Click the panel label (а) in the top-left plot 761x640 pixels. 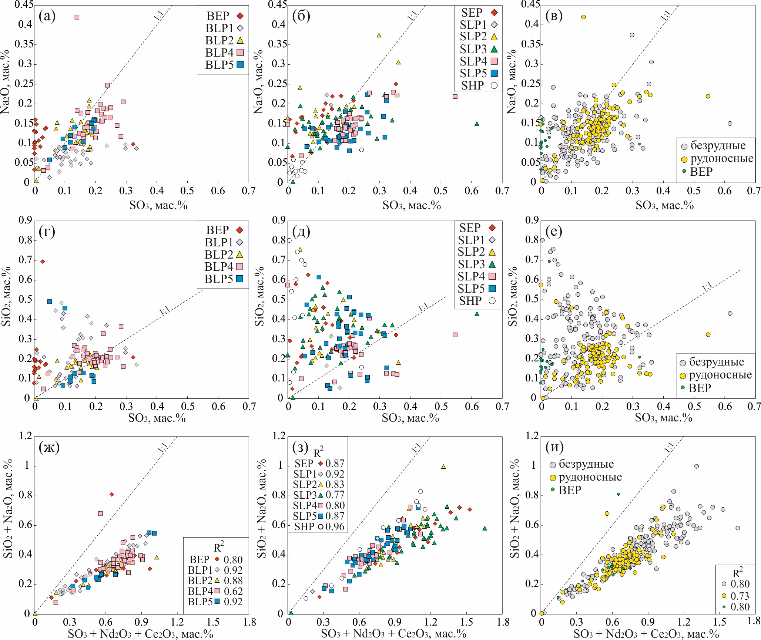[x=47, y=16]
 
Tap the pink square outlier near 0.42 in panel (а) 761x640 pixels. [x=77, y=17]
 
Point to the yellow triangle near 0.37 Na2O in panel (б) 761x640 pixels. [x=379, y=35]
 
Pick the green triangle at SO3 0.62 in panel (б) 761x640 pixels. [x=477, y=124]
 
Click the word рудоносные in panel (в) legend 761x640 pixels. [x=722, y=158]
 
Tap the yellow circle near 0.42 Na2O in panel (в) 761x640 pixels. [x=583, y=17]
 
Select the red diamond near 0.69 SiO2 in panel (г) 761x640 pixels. [x=43, y=262]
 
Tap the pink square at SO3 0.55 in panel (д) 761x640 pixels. [x=455, y=335]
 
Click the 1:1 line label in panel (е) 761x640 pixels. [x=707, y=287]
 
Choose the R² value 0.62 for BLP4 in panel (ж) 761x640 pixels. [x=233, y=591]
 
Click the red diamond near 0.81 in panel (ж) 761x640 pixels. [x=112, y=494]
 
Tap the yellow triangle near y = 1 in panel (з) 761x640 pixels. [x=443, y=466]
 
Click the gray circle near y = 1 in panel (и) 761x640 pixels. [x=696, y=466]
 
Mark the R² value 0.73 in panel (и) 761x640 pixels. [x=740, y=596]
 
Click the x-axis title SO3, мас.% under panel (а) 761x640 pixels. [x=158, y=205]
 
